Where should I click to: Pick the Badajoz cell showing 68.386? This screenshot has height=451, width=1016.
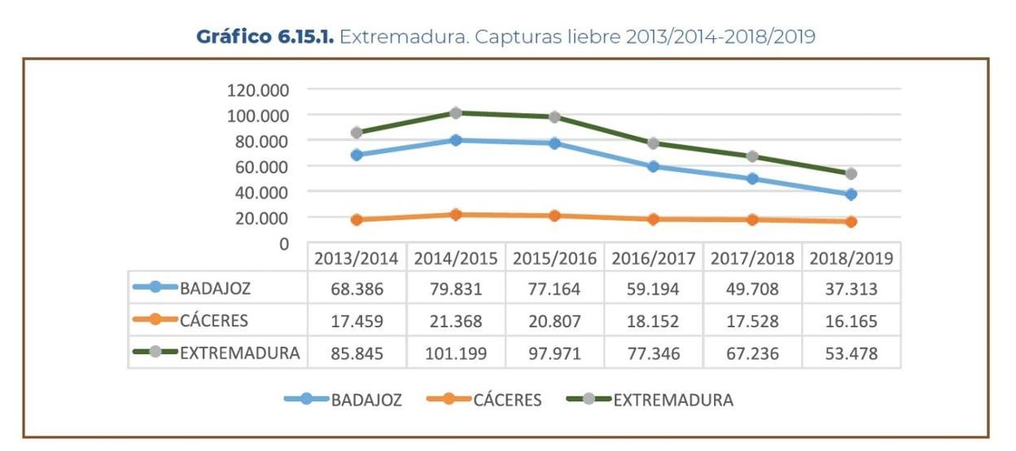(x=356, y=288)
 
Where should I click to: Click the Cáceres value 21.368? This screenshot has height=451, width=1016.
(x=455, y=322)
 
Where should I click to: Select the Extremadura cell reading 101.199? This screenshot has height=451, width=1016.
(x=455, y=354)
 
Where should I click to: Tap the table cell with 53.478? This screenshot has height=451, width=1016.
(x=852, y=354)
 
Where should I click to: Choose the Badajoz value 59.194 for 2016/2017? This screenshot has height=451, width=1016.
(x=654, y=288)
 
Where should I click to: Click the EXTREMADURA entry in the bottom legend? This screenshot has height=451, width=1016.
(x=672, y=401)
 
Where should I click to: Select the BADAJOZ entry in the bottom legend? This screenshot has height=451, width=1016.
(x=366, y=401)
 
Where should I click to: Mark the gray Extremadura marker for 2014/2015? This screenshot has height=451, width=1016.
(x=456, y=113)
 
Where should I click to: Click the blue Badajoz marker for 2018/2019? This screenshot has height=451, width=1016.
(x=852, y=195)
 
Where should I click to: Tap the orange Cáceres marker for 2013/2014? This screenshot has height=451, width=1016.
(x=357, y=220)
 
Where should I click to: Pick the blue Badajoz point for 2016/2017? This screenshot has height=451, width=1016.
(x=654, y=167)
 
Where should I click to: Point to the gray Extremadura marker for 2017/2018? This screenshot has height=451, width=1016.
(x=753, y=156)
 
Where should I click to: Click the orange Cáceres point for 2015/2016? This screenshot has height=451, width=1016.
(x=555, y=216)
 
